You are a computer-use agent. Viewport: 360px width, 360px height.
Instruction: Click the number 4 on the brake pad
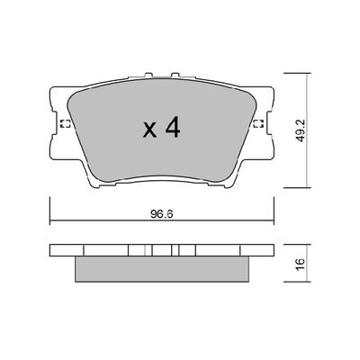(x=173, y=129)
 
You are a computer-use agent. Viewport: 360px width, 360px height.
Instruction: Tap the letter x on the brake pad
(x=149, y=130)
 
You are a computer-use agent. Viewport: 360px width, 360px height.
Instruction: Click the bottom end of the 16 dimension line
(x=309, y=283)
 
